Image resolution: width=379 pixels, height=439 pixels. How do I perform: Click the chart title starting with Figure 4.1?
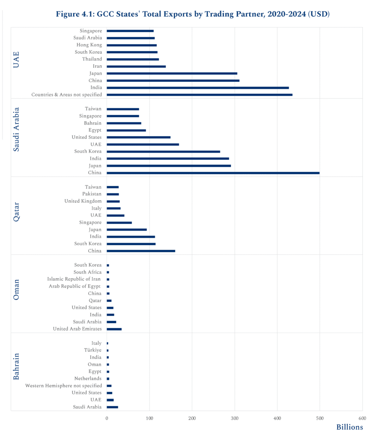click(x=192, y=14)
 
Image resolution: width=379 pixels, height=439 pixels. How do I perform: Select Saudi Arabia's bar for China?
click(x=213, y=173)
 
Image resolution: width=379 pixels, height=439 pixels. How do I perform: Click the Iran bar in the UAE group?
click(x=136, y=66)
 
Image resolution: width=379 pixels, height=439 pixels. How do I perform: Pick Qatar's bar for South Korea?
click(x=131, y=244)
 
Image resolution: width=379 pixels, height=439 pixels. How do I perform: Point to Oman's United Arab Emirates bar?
click(x=114, y=329)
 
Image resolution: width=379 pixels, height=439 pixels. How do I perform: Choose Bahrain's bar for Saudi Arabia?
click(x=112, y=407)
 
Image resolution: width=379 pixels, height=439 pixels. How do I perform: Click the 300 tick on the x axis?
click(x=235, y=418)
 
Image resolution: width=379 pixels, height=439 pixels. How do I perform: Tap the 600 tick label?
click(x=362, y=418)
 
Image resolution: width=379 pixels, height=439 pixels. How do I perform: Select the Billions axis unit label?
click(x=349, y=427)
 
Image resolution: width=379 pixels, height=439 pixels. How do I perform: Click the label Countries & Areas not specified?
click(x=66, y=94)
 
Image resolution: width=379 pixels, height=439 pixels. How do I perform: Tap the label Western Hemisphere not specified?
click(x=63, y=385)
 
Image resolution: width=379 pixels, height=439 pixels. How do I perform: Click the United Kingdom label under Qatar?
click(x=83, y=201)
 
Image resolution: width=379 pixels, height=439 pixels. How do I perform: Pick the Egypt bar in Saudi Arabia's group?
click(x=126, y=130)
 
